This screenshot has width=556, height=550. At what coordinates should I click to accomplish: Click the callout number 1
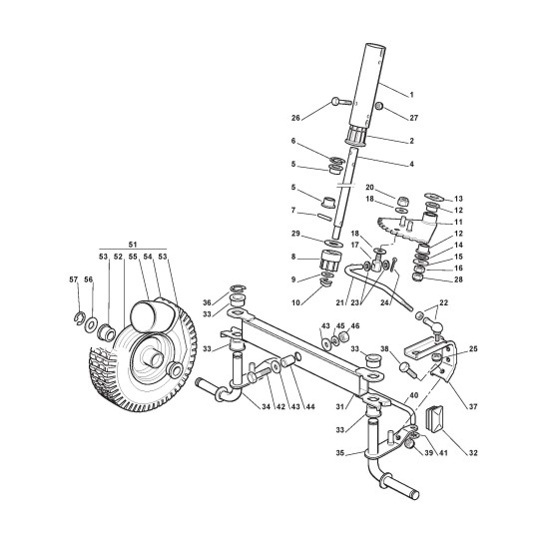point(411,95)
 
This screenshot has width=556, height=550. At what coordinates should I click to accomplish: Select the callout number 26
point(295,118)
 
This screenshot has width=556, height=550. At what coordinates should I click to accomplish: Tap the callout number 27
point(414,118)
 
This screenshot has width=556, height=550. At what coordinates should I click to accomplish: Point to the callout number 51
point(133,245)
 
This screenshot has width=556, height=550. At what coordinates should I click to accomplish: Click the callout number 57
point(74,279)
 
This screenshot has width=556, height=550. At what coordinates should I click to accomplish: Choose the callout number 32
point(473,453)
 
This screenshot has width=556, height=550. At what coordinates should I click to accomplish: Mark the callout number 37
point(473,406)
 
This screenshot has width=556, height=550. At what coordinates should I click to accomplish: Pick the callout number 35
point(340,453)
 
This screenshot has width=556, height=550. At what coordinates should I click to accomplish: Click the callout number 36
point(207,302)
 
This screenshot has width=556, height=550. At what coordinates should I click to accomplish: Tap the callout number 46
point(355,325)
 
